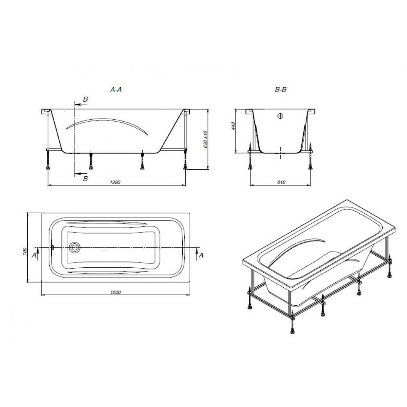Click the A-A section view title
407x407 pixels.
[116, 90]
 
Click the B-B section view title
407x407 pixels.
[280, 90]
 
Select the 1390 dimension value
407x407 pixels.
[115, 182]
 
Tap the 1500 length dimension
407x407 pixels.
[115, 292]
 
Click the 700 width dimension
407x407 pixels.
[25, 251]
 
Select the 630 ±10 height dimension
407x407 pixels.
[205, 139]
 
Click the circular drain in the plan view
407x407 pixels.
[75, 247]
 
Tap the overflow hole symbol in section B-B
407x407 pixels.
[280, 116]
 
